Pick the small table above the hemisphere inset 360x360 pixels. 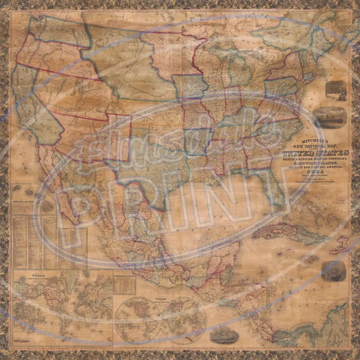tap(124, 284)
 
